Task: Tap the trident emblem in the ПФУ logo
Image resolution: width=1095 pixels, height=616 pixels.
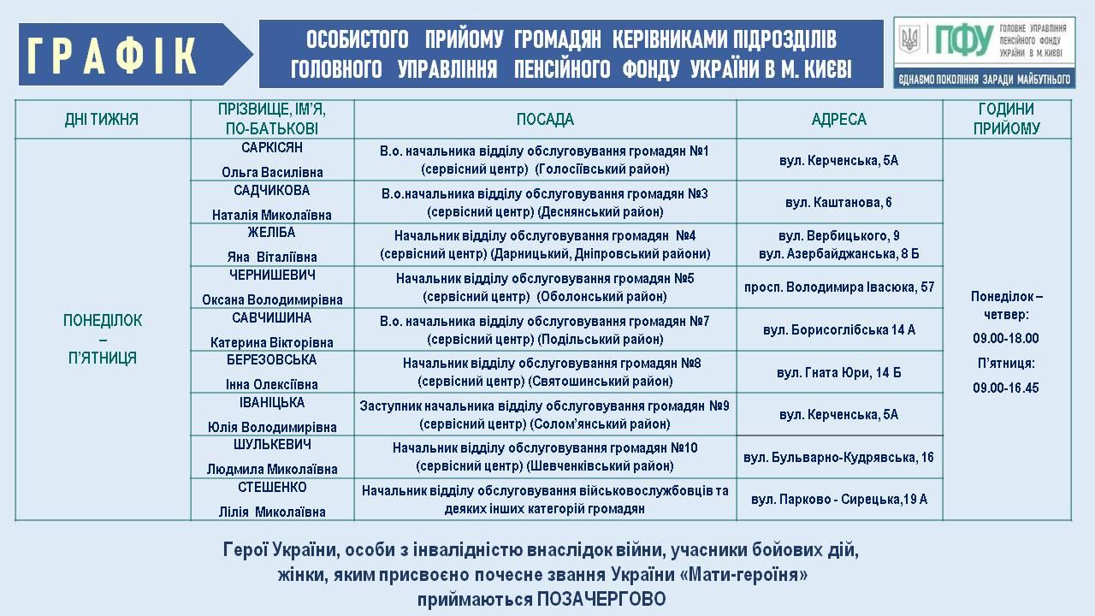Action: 909,38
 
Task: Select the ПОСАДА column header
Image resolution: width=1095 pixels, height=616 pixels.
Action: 545,120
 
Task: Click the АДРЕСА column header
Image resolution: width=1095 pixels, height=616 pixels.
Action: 838,120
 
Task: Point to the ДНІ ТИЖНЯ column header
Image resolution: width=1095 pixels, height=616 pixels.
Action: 101,120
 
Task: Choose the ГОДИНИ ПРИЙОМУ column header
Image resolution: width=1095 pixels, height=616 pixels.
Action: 1006,119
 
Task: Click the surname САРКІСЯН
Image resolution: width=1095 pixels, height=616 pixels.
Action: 272,148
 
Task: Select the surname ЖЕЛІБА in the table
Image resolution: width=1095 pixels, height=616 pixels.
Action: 272,233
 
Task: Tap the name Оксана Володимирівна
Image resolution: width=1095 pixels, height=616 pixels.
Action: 272,299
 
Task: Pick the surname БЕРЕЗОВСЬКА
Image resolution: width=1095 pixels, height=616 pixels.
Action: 272,360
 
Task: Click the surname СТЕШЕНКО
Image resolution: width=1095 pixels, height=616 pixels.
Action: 272,488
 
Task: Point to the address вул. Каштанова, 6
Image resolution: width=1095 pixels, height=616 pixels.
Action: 838,203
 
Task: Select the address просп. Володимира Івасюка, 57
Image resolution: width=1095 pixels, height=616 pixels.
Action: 838,287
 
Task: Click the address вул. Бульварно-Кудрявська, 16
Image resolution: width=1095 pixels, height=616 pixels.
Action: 838,457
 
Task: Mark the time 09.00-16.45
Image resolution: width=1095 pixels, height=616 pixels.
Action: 1005,388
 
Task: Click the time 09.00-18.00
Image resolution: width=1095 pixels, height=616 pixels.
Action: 1005,338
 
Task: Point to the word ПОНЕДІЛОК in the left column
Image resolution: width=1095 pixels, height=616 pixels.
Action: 103,321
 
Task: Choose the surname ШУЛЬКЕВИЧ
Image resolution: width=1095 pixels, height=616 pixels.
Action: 272,445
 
